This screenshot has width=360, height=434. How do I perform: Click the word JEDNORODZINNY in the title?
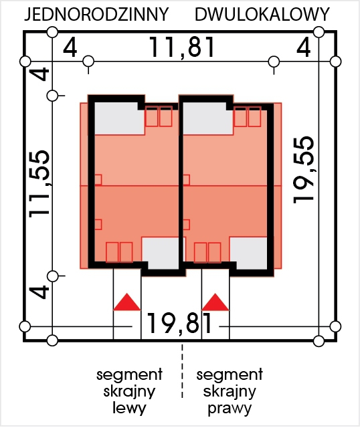pos(96,15)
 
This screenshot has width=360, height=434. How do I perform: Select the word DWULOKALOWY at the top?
pos(262,15)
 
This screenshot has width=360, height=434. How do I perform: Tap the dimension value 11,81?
pos(182,47)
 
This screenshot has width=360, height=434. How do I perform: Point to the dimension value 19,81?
pos(179,323)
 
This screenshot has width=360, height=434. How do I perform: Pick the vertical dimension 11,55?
pos(39,184)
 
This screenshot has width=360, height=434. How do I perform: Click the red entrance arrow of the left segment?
pos(127,302)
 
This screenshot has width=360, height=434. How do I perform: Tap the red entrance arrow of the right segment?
pos(215,302)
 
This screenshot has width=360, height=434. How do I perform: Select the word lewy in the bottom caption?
pos(129,409)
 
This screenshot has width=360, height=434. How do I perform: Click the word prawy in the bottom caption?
pos(230,409)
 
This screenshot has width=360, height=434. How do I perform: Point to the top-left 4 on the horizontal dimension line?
pos(70,47)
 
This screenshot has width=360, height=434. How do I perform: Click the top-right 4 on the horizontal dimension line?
pos(304,47)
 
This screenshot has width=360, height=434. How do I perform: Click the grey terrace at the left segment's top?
pos(119,119)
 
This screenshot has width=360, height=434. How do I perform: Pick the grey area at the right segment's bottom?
pos(248,253)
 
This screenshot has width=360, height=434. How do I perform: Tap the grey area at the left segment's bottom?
pos(160,253)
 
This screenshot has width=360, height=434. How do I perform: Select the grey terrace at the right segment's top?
pos(207,119)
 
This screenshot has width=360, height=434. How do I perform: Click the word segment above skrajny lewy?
pos(129,374)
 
